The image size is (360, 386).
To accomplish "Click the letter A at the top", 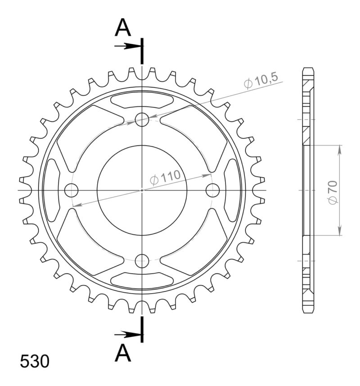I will click(x=123, y=28).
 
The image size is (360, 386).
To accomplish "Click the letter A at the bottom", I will click(x=123, y=354).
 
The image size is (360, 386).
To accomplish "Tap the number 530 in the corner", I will click(x=35, y=362).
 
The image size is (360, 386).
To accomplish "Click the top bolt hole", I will click(x=142, y=120).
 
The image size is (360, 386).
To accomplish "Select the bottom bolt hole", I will click(x=142, y=260).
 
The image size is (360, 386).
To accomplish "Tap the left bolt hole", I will click(x=71, y=191).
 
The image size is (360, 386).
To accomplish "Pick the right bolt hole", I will click(x=212, y=191).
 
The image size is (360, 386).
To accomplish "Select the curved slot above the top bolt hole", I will click(x=142, y=100).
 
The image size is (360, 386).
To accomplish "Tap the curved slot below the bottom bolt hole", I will click(x=142, y=280).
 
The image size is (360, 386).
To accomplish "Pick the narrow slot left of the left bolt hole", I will click(x=52, y=191).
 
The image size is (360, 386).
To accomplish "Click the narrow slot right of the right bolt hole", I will click(x=232, y=191).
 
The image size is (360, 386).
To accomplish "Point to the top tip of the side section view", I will click(x=308, y=68).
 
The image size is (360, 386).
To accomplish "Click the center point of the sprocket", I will click(x=142, y=191).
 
